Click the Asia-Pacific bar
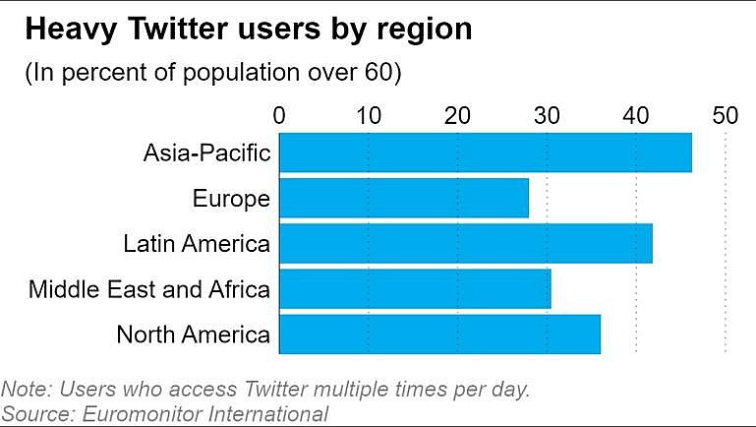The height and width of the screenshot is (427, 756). [x=486, y=152]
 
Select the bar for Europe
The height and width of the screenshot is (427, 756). [x=404, y=198]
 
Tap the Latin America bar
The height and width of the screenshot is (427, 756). [x=466, y=243]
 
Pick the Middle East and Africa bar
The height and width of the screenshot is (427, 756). [x=415, y=288]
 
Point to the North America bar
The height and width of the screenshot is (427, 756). [x=439, y=334]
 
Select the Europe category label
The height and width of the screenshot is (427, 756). [x=232, y=199]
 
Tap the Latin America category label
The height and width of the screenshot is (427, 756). [x=197, y=243]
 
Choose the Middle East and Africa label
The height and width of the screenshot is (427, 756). [x=149, y=289]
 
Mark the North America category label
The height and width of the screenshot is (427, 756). [x=193, y=335]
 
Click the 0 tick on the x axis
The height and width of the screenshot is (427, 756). [x=280, y=115]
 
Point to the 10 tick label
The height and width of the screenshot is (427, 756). [x=369, y=115]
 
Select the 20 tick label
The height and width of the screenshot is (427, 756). [x=458, y=115]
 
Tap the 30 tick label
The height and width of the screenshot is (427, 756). [x=548, y=115]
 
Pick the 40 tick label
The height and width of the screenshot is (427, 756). [x=636, y=115]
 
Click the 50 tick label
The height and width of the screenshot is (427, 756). [x=726, y=115]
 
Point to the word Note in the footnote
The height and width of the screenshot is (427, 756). [x=25, y=389]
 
